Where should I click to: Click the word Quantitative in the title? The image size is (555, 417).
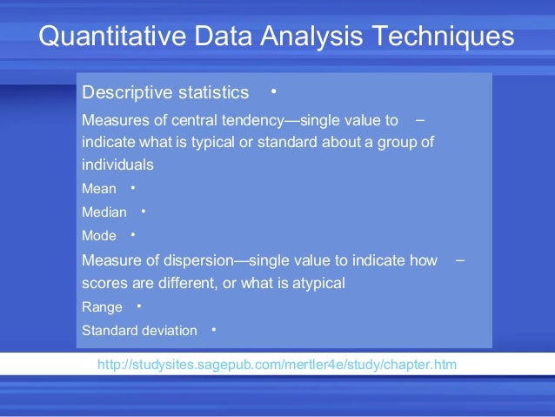point(110,37)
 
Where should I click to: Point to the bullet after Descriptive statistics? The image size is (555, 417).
point(273,91)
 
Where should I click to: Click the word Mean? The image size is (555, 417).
point(98,188)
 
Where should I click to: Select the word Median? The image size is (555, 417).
point(104,212)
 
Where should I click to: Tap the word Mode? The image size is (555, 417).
point(98,235)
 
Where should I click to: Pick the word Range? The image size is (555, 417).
point(102,306)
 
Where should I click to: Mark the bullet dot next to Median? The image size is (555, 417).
point(143,211)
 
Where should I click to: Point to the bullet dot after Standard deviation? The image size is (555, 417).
point(213,329)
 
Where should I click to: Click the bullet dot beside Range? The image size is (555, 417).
point(138,306)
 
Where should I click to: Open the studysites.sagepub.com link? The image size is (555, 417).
point(277,363)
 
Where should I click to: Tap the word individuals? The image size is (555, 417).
point(117,164)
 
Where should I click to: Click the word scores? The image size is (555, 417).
point(101,282)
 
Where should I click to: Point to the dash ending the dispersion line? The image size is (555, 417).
point(459,259)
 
